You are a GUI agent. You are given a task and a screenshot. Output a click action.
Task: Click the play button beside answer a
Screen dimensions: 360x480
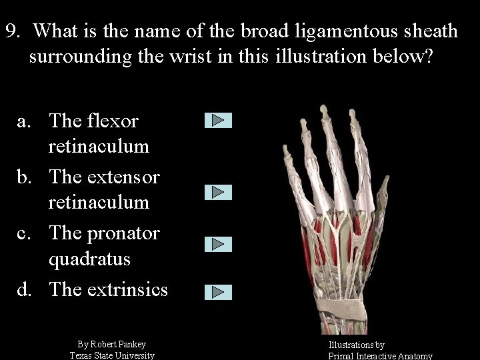[x=218, y=121]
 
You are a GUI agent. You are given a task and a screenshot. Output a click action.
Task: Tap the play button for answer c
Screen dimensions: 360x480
[x=218, y=244]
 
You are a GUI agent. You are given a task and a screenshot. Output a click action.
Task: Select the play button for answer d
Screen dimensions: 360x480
[x=218, y=291]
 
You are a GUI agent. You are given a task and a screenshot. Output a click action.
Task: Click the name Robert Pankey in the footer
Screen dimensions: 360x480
[x=117, y=344]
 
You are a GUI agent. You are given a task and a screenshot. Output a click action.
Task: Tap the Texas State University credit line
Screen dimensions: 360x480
[x=112, y=355]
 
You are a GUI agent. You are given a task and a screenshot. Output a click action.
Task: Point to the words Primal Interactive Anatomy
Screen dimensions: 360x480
[x=381, y=356]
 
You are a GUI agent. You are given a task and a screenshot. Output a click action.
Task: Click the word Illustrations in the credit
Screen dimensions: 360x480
[x=351, y=345]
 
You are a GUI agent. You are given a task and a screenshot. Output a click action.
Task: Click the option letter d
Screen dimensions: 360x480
[x=23, y=289]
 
